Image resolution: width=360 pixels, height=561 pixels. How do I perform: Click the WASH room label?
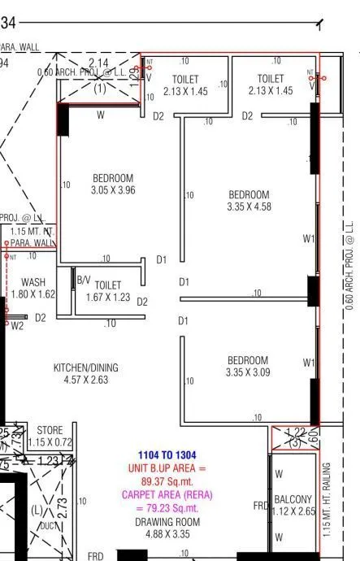click(x=33, y=282)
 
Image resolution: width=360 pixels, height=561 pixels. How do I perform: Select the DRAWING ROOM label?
click(x=167, y=521)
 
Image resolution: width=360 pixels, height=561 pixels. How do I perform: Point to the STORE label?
click(x=50, y=430)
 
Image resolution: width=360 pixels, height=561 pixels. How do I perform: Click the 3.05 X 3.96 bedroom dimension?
click(x=113, y=190)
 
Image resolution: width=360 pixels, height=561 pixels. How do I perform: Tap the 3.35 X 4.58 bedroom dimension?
click(x=249, y=207)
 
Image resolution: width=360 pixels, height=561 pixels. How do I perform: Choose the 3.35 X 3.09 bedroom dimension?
click(x=248, y=372)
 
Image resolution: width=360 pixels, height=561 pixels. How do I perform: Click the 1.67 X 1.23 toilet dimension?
click(x=108, y=298)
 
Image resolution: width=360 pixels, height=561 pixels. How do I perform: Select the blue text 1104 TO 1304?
click(x=168, y=455)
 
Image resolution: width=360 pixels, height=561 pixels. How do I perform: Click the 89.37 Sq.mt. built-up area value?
click(x=168, y=481)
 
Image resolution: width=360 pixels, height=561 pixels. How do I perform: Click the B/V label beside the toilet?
click(x=83, y=280)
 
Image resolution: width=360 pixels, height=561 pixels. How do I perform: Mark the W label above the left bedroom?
click(x=101, y=115)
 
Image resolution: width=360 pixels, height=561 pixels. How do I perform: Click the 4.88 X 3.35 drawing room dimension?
click(x=167, y=534)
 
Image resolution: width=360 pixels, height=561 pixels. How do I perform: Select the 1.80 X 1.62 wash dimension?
click(x=33, y=295)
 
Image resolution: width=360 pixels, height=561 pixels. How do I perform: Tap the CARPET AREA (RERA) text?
click(x=167, y=494)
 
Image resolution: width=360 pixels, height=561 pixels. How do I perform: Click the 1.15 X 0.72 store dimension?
click(x=50, y=442)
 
